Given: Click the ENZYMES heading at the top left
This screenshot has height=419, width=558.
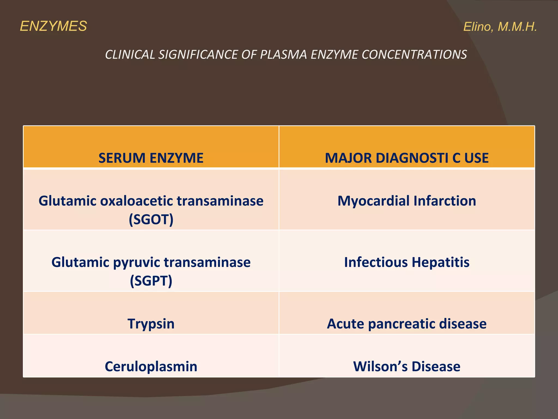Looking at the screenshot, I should [x=53, y=26].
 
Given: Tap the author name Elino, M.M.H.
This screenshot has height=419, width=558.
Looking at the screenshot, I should [x=500, y=27].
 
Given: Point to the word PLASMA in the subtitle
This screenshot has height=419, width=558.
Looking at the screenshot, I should [x=284, y=55].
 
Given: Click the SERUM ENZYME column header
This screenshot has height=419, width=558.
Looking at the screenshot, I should [x=151, y=158].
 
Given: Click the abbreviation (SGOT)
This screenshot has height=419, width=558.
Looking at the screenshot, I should [x=151, y=219].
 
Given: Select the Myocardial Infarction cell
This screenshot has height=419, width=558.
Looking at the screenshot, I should [x=407, y=201].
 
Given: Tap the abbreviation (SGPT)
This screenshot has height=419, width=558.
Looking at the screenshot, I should [x=151, y=281].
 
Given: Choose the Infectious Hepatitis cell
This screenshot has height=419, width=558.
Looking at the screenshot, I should [x=407, y=262].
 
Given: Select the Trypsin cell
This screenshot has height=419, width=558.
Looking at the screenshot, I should [x=151, y=324].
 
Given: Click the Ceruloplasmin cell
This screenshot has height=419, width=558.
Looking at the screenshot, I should [x=151, y=366].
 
